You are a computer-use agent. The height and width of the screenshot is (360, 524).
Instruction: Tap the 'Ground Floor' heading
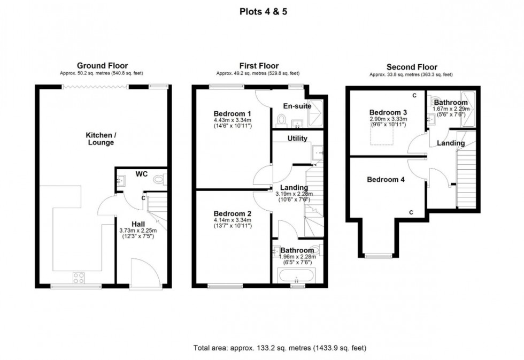[x=102, y=66]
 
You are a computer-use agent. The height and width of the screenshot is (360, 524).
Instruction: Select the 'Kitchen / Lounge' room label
[x=101, y=139]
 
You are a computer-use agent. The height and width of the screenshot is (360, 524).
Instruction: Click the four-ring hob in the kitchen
[x=78, y=278]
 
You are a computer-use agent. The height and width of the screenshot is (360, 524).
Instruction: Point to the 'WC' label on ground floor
[x=141, y=174]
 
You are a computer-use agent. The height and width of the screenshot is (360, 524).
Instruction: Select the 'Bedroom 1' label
[x=233, y=113]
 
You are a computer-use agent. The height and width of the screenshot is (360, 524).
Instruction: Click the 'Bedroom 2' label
[x=233, y=213]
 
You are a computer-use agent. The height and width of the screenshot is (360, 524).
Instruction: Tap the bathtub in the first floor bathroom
[x=297, y=277]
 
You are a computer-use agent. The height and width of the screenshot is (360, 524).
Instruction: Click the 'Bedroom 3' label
[x=388, y=112]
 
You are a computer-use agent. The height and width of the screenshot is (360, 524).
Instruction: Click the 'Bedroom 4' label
[x=386, y=180]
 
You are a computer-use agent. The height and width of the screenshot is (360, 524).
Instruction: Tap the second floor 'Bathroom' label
[x=450, y=102]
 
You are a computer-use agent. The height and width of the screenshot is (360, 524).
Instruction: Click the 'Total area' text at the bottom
[x=280, y=348]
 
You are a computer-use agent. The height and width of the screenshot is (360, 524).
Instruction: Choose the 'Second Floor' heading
[x=411, y=67]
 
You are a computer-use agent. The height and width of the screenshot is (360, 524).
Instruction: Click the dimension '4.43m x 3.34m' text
[x=233, y=120]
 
